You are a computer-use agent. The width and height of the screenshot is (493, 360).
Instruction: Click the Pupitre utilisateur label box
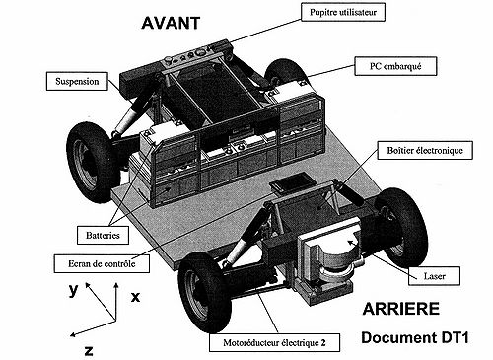[343, 12]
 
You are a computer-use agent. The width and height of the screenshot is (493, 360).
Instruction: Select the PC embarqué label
[395, 66]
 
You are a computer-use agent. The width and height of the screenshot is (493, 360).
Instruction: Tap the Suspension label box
[77, 81]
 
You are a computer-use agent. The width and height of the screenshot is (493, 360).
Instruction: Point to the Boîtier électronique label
[425, 150]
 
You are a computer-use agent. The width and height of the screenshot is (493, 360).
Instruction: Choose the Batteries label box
[103, 235]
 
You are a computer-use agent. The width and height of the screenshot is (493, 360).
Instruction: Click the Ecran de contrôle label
[102, 263]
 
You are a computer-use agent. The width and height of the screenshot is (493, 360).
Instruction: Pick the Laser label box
[434, 276]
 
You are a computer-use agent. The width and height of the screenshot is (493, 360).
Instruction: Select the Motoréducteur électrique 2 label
[274, 343]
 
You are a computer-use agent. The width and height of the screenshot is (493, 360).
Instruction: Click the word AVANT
[171, 23]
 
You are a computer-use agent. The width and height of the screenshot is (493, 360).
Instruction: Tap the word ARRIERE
[400, 309]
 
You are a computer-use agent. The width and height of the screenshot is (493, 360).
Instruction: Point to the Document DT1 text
[415, 337]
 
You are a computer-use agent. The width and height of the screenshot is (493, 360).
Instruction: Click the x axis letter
[135, 297]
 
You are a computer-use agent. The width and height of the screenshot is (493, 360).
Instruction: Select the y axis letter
[74, 290]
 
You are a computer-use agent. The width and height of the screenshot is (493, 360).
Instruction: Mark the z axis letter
[89, 351]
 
